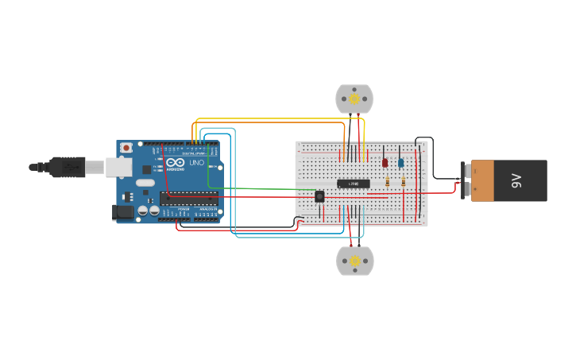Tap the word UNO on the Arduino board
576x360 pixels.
[196, 163]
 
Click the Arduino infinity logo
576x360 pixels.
[176, 163]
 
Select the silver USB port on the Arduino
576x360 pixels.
[118, 166]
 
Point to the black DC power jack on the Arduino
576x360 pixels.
[122, 211]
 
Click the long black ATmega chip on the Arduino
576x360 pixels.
[189, 198]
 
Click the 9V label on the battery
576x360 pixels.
[516, 181]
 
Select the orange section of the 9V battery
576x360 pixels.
[482, 180]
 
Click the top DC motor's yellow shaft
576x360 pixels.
[354, 99]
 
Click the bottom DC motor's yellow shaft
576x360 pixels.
[355, 260]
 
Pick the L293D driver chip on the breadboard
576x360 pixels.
[354, 184]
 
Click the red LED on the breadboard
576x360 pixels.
[385, 163]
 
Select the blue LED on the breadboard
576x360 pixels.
[401, 163]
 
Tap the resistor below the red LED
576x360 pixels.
[387, 181]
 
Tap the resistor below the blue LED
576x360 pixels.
[403, 181]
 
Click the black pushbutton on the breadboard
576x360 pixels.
[319, 195]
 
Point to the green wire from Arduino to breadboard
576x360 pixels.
[254, 188]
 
